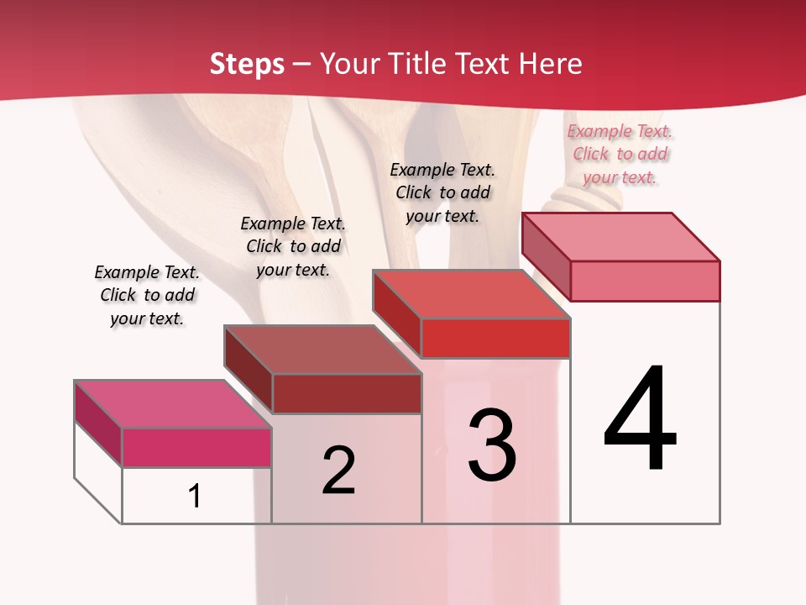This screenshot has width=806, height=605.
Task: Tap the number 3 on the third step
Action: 492,445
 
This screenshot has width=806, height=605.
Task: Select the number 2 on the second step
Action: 339,470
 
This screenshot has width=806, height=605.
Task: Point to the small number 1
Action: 195,496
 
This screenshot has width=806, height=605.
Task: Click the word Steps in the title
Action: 247,64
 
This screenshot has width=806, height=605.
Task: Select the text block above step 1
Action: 147,295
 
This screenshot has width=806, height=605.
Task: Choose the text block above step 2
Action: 293,246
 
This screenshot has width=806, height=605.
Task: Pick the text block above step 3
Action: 442,192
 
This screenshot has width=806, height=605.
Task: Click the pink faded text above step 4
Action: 620,154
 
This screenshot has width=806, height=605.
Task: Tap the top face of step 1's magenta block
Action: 172,404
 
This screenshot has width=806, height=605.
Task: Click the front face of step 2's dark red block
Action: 347,393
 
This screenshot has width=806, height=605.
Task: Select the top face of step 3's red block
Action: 471,294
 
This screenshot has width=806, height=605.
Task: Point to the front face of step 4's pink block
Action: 645,281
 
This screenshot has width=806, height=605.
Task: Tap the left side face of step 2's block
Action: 248,366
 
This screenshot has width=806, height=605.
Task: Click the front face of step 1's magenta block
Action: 196,447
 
